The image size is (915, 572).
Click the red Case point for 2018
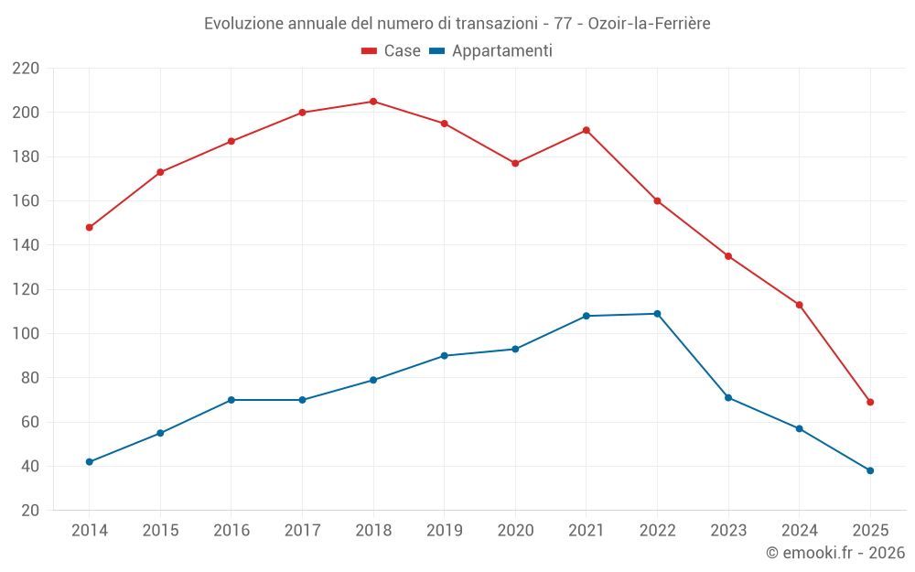point(373,102)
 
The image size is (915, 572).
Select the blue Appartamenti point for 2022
point(657,314)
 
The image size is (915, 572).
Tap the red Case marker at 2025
point(870,402)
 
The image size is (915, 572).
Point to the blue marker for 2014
point(89,462)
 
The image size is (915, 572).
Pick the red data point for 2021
point(587,130)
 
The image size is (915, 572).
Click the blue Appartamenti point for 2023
point(728,398)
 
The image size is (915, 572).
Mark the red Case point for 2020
point(515,163)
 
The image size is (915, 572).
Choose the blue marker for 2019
point(444,356)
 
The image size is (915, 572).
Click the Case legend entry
point(392,51)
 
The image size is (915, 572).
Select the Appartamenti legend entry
point(490,51)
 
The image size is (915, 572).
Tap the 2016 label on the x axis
point(231,531)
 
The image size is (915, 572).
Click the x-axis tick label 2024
point(800,531)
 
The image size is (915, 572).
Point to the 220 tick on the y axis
point(26,69)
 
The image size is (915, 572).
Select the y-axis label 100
point(26,334)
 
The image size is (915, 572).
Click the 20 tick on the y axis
point(29,511)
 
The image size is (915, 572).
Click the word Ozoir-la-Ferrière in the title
point(649,23)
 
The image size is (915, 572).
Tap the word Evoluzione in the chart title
point(244,23)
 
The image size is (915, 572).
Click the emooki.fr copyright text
point(835,553)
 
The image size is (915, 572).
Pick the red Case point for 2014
point(89,227)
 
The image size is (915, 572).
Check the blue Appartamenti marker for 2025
point(870,470)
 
